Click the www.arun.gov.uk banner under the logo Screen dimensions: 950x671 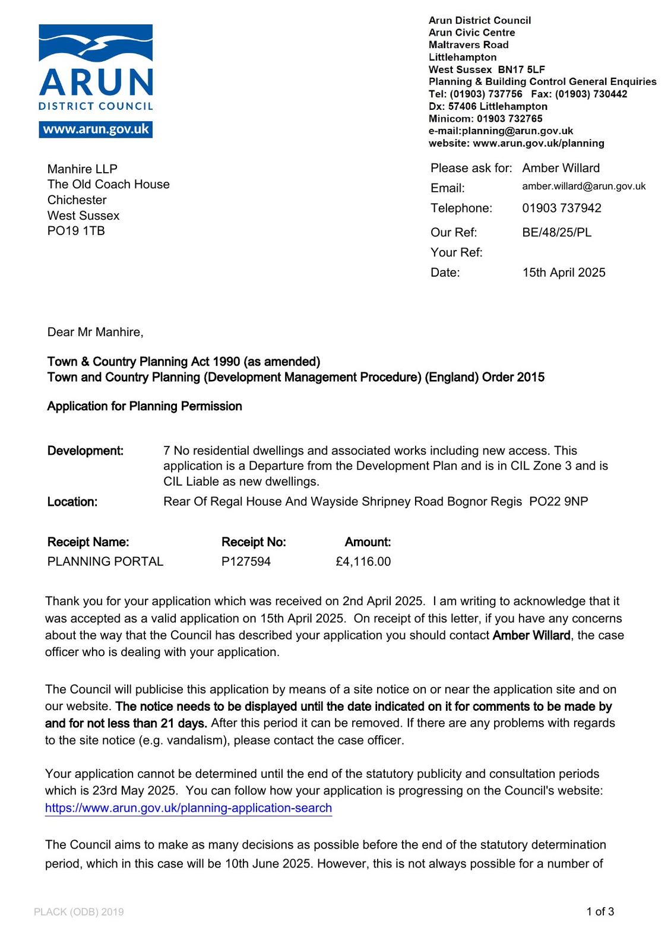[96, 129]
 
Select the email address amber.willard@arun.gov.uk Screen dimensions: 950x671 [584, 186]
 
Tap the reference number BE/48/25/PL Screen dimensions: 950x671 [556, 232]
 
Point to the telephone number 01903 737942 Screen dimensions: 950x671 [561, 208]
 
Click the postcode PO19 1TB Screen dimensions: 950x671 [76, 231]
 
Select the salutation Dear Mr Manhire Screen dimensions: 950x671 [95, 332]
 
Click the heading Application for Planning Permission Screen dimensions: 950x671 [144, 406]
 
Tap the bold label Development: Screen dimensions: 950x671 [86, 451]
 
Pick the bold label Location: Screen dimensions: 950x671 [72, 502]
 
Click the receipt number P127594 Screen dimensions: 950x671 [246, 561]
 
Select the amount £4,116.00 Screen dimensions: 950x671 [363, 561]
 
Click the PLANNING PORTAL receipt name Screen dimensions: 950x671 [105, 561]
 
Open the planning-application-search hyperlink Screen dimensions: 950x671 [188, 808]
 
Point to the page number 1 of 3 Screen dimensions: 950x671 [600, 911]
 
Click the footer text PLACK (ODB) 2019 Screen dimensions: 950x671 [79, 912]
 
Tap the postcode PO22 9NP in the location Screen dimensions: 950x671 [558, 502]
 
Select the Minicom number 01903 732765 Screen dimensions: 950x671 [509, 119]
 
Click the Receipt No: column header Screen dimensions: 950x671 [254, 542]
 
